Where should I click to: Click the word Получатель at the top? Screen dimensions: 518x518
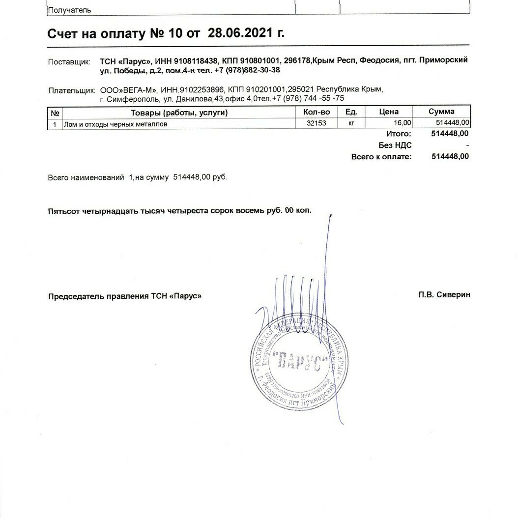[69, 10]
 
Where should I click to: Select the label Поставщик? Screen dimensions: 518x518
[69, 62]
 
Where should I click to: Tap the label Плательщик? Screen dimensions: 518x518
[71, 90]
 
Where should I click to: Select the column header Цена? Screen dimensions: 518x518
[389, 112]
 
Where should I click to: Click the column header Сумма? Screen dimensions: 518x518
[441, 112]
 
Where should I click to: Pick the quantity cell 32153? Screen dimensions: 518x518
[316, 124]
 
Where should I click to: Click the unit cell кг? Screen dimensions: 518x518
[351, 124]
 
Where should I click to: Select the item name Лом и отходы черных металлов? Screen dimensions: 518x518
[115, 124]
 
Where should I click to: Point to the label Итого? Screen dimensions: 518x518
[399, 134]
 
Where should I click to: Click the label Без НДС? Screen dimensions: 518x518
[395, 145]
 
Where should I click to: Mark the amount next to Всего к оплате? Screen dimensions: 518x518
[450, 157]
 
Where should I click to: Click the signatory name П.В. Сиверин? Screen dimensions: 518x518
[444, 295]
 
